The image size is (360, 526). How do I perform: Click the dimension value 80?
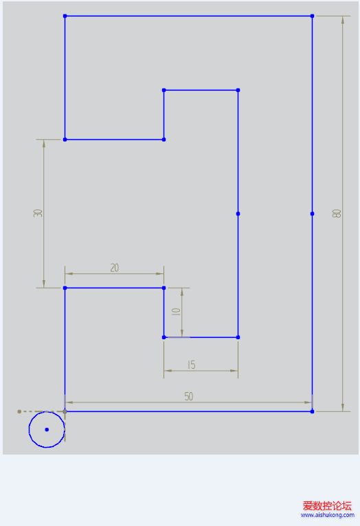click(x=337, y=214)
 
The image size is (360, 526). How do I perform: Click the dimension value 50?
click(x=189, y=396)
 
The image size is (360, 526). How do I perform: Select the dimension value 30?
click(x=38, y=213)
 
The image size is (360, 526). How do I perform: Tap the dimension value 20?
click(x=115, y=268)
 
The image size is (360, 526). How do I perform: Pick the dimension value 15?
click(x=191, y=365)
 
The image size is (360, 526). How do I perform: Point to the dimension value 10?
click(x=176, y=312)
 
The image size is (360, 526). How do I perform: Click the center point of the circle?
click(x=47, y=429)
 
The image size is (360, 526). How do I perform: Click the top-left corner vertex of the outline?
click(x=65, y=16)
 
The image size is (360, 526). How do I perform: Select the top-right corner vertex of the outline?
click(x=312, y=16)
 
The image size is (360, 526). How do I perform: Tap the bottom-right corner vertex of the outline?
click(x=312, y=411)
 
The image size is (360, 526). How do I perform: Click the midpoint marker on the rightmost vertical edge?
click(x=312, y=214)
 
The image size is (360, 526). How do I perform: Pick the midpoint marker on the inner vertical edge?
click(x=238, y=214)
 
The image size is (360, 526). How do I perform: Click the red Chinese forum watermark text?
click(x=327, y=505)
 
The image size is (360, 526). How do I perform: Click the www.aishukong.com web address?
click(x=328, y=515)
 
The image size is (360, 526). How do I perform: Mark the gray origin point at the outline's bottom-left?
click(x=65, y=411)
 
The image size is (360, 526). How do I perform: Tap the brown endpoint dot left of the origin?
click(x=19, y=411)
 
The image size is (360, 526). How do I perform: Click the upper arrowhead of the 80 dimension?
click(x=343, y=20)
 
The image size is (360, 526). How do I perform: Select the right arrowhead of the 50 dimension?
click(x=308, y=402)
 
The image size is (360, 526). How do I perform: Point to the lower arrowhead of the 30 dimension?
click(x=43, y=284)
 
